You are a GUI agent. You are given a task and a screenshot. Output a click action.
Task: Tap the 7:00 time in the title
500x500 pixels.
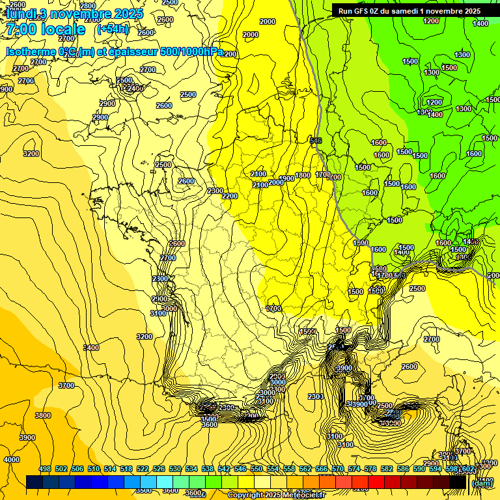[x=24, y=30]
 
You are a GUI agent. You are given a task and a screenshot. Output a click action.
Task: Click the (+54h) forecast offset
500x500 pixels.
[x=112, y=29]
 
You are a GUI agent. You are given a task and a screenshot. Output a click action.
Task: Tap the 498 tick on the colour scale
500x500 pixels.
[x=45, y=469]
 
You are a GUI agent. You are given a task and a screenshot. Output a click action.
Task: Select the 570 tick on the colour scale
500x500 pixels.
[x=337, y=469]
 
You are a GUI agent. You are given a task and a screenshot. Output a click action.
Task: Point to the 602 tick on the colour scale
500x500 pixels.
[x=467, y=469]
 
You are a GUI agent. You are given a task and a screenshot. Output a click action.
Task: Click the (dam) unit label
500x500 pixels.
[x=482, y=482]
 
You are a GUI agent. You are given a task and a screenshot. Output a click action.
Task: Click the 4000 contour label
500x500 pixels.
[x=12, y=460]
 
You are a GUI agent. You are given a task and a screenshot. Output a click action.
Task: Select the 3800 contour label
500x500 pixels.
[x=43, y=415]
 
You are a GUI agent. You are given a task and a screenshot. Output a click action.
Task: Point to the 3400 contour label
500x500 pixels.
[x=91, y=348]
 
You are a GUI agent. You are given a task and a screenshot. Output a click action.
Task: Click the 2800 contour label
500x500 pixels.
[x=88, y=6]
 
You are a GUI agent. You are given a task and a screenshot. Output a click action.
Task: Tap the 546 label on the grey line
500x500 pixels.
[x=316, y=141]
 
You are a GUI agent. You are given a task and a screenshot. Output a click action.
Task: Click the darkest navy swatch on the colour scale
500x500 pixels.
[x=35, y=482]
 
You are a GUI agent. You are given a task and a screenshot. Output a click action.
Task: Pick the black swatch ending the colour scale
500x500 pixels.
[x=458, y=482]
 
